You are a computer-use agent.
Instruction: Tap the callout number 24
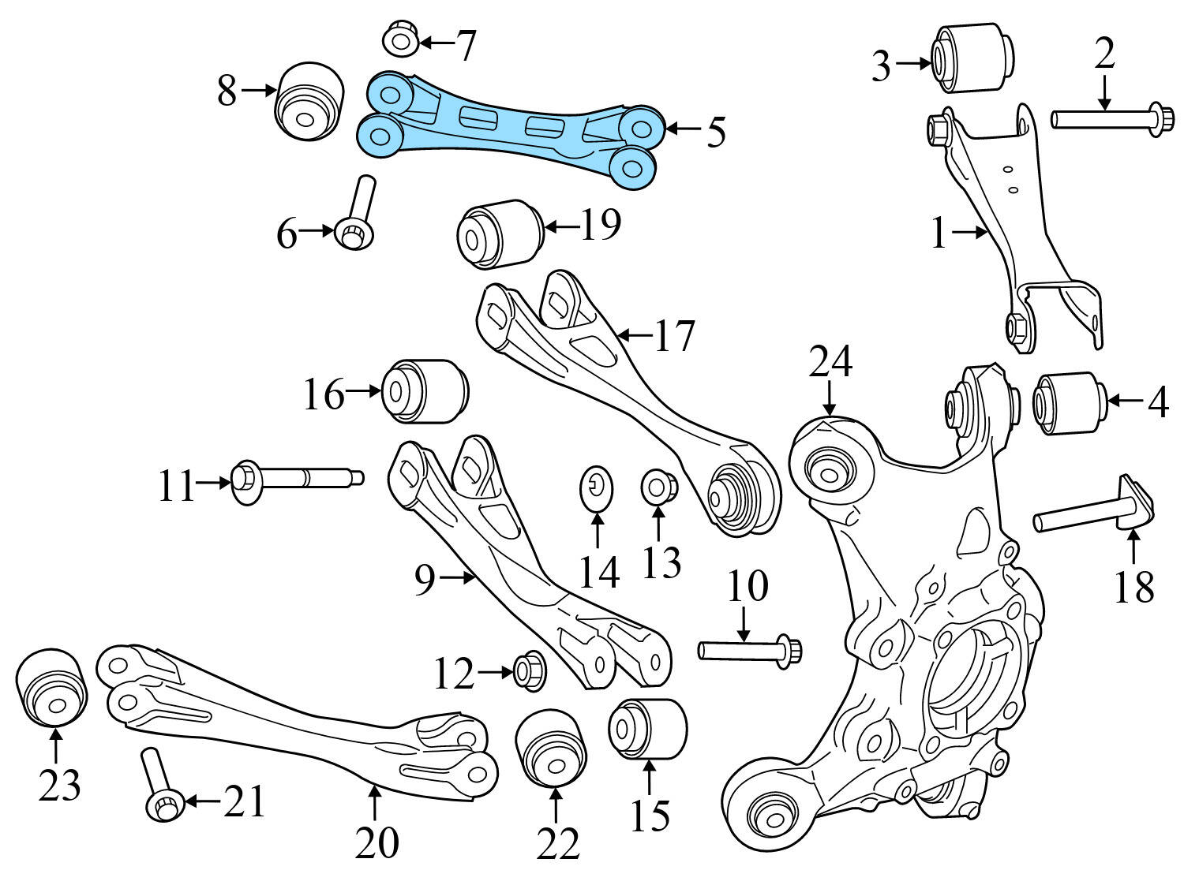(x=830, y=363)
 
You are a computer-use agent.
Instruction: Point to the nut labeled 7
(x=401, y=39)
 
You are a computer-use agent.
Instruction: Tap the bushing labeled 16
(x=425, y=391)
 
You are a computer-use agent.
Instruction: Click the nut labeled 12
(x=528, y=671)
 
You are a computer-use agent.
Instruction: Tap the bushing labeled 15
(x=647, y=729)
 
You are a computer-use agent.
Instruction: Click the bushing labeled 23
(x=52, y=685)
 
